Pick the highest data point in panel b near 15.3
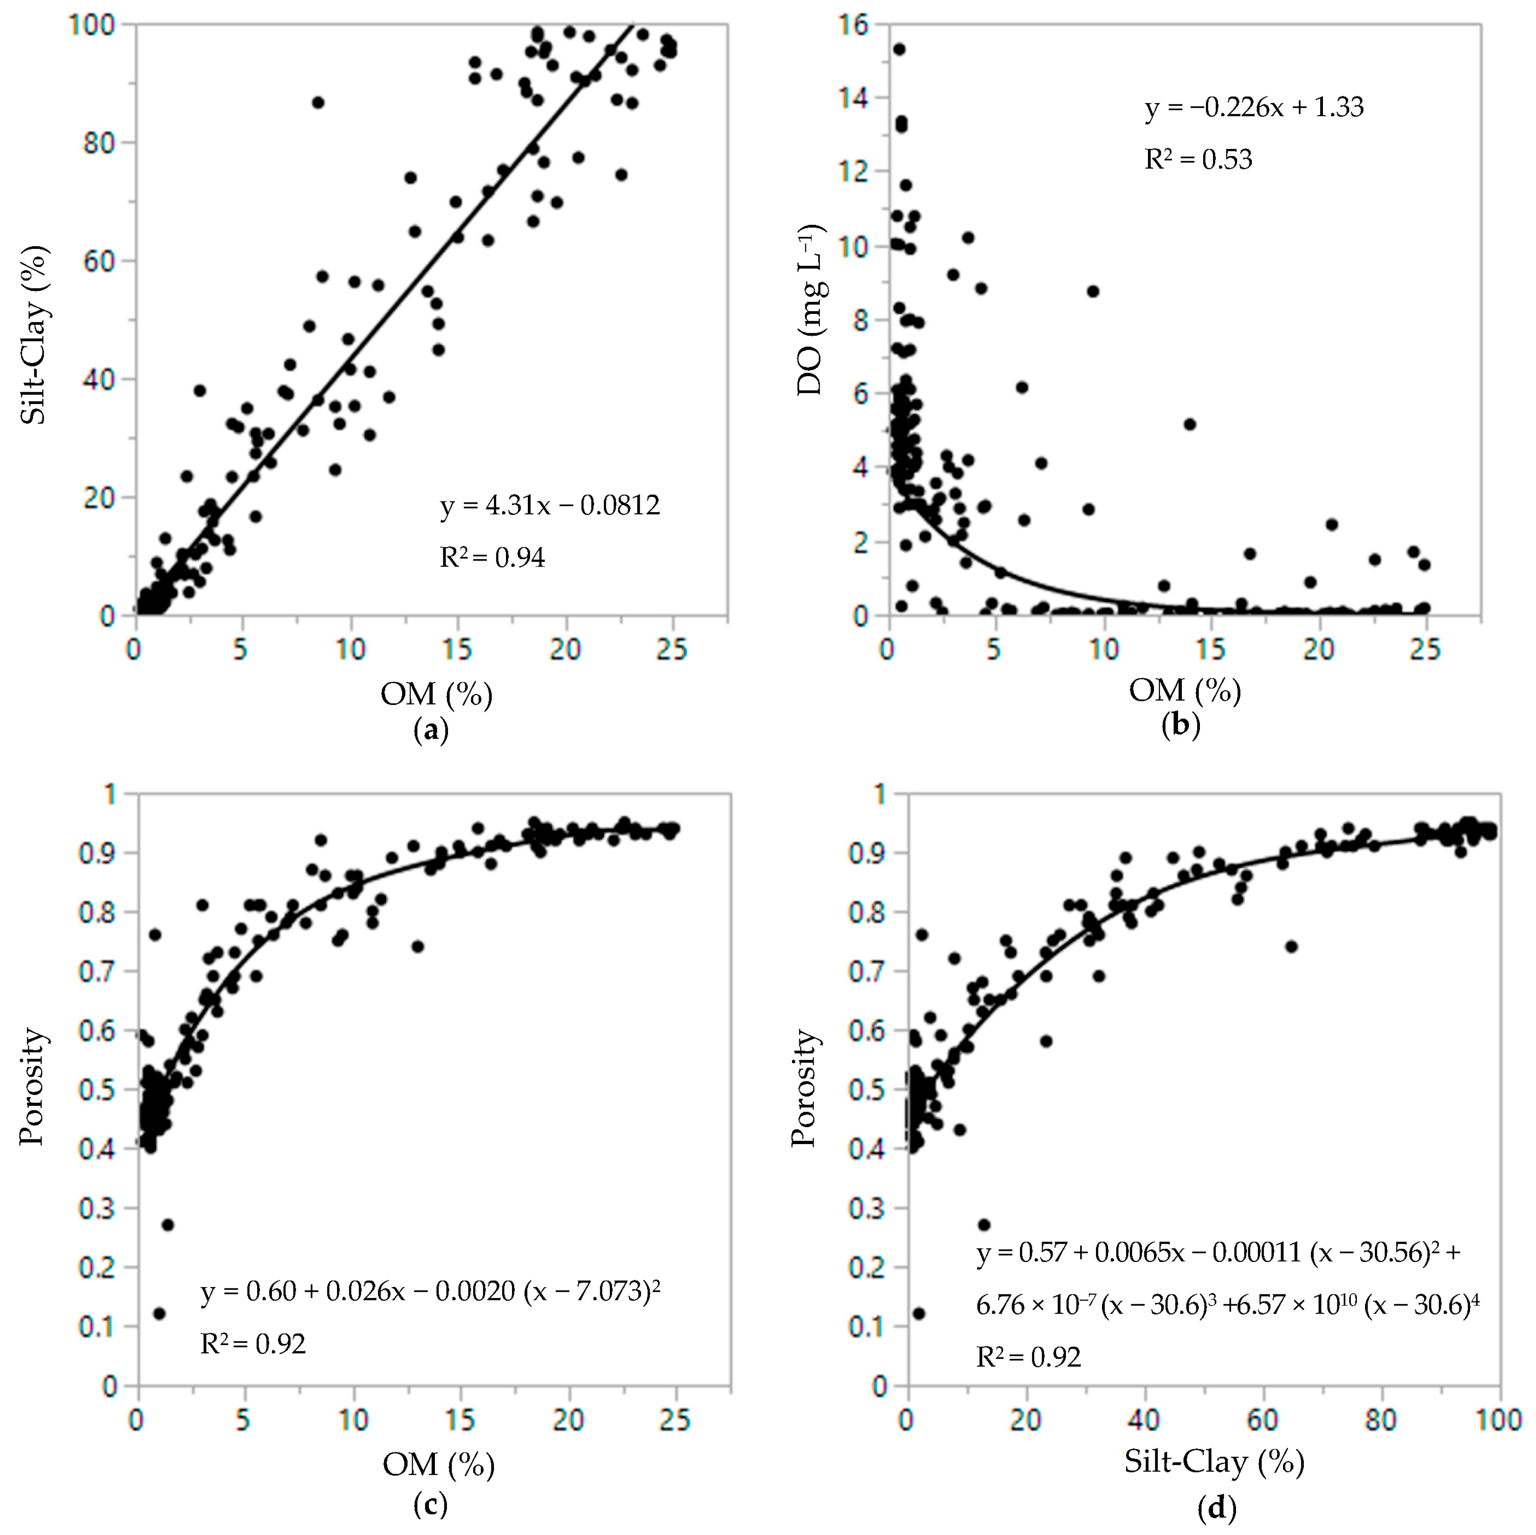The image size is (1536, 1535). pyautogui.click(x=899, y=49)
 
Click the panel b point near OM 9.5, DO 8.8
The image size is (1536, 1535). pyautogui.click(x=1093, y=291)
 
